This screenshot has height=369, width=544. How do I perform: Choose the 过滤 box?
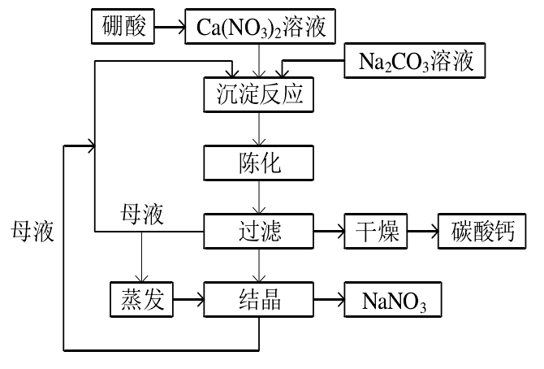point(258,232)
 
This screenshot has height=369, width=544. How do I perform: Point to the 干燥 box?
point(375,232)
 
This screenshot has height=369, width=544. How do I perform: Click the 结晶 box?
point(258,300)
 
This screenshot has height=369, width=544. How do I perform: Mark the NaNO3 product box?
point(386,300)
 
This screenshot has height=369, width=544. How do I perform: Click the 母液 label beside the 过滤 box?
point(142,215)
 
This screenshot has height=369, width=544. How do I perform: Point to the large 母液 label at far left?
point(32,232)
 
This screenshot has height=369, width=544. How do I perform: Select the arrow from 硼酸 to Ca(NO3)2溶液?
point(168,28)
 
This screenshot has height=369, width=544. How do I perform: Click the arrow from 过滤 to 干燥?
point(329,232)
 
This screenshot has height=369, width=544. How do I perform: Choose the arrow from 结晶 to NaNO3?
point(329,300)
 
